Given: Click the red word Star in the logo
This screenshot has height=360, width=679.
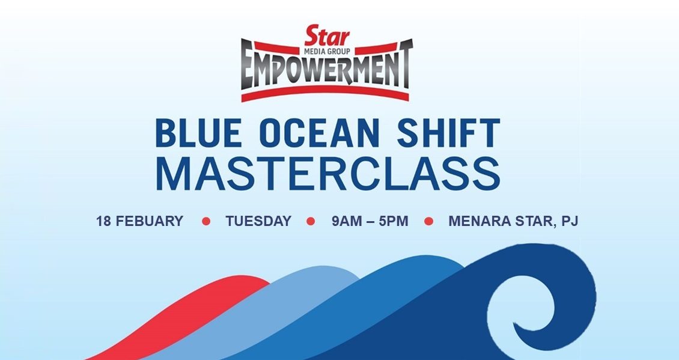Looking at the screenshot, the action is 327,36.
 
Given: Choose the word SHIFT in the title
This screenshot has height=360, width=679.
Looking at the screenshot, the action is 449,133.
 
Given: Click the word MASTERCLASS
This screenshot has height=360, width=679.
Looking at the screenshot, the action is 328,174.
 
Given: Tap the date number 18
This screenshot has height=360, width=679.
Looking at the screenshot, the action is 103,221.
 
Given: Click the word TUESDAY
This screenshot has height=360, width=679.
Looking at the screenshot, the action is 258,221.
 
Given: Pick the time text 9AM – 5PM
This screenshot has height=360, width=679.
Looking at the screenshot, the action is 370,221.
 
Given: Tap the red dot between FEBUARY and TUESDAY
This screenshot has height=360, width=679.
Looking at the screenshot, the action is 206,221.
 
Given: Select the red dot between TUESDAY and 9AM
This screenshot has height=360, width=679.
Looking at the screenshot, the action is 311,221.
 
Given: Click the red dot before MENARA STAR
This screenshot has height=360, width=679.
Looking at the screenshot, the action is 428,221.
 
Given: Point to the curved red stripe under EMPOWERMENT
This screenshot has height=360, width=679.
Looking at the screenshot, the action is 325,93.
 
